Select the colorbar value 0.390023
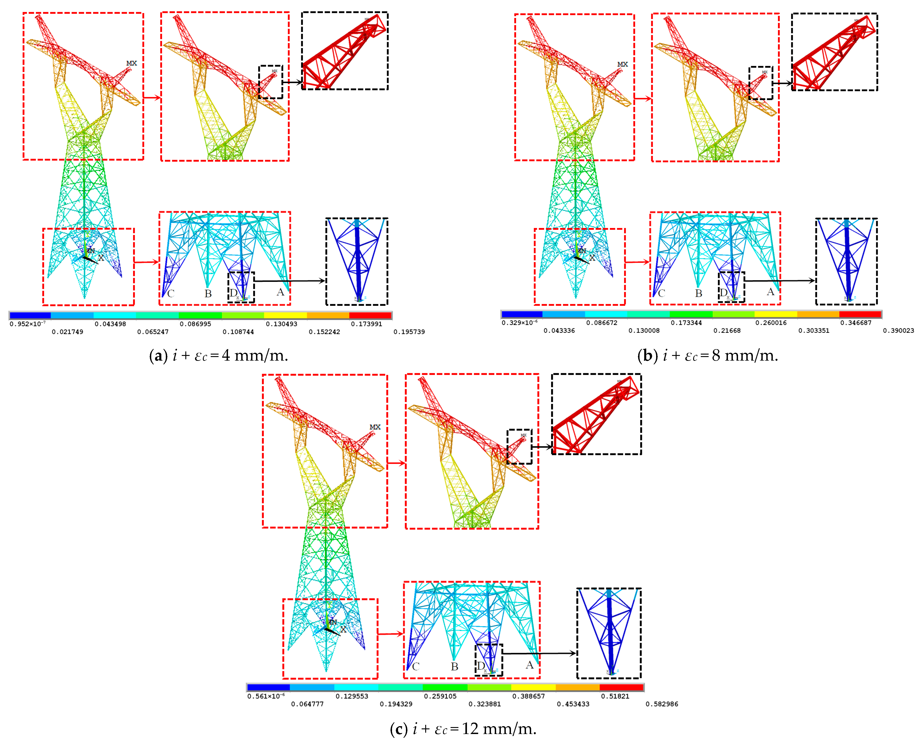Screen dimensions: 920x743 [x=898, y=330]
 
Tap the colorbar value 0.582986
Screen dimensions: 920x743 [x=662, y=704]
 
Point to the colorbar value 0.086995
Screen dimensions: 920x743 [x=195, y=324]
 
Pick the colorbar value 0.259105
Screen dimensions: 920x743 [x=440, y=696]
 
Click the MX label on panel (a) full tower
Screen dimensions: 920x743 [x=131, y=63]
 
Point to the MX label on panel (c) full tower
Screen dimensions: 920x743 [x=375, y=427]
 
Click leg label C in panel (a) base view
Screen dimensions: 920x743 [x=171, y=294]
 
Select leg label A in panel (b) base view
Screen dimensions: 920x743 [x=770, y=292]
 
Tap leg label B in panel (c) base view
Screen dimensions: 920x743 [x=454, y=666]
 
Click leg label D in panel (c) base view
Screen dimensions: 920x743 [x=481, y=666]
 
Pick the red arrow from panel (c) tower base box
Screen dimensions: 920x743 [x=391, y=634]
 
